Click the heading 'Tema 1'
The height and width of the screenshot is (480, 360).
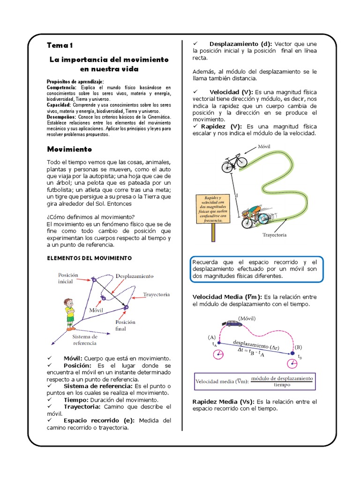[x=60, y=45]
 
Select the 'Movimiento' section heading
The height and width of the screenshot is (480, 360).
[x=69, y=149]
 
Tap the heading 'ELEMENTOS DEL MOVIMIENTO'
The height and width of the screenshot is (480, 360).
[x=90, y=258]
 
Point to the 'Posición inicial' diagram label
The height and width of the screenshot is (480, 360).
[x=68, y=278]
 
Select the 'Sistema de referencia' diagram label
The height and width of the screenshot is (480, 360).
[x=85, y=340]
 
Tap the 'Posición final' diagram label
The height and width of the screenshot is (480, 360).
[x=125, y=325]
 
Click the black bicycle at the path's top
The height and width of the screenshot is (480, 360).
[x=234, y=164]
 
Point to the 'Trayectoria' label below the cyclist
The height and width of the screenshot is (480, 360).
[x=274, y=235]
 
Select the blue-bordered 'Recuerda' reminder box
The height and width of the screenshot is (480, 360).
[x=257, y=270]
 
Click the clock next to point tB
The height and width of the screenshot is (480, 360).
[x=293, y=364]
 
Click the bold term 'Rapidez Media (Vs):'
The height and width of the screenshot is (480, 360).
[x=224, y=402]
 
